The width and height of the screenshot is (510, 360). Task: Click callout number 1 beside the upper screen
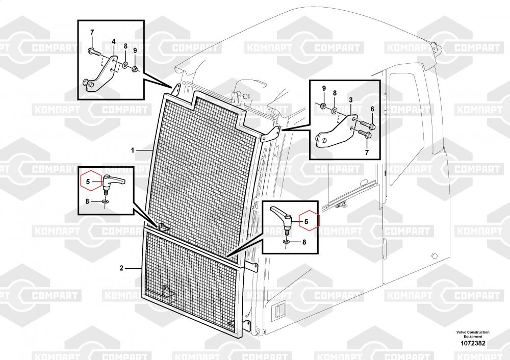click(133, 150)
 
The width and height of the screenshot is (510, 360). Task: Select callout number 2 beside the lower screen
click(122, 268)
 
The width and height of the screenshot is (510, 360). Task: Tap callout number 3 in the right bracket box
click(351, 100)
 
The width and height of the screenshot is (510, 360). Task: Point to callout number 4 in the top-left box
click(114, 42)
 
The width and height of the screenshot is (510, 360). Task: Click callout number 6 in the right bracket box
click(372, 109)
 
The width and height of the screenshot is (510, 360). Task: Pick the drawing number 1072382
click(473, 343)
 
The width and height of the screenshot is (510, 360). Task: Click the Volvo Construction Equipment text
click(473, 335)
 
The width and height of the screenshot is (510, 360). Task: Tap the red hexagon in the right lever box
click(310, 220)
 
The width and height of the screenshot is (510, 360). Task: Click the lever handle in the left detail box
click(113, 181)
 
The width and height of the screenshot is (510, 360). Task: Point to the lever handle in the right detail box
click(282, 216)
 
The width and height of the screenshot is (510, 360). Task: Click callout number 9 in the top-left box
click(135, 50)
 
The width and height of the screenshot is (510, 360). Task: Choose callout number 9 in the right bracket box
click(324, 88)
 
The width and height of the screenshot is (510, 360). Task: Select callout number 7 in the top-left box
click(92, 33)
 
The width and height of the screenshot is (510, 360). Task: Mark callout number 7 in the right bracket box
click(367, 152)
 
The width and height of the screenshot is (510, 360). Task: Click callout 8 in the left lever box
click(87, 201)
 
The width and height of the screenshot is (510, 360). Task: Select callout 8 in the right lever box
click(304, 242)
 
